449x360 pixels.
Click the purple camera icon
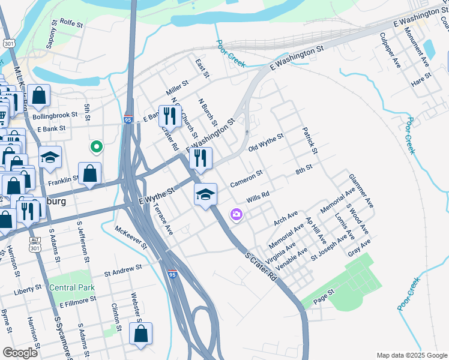236,214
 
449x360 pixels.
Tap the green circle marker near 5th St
95,146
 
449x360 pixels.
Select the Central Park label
72,287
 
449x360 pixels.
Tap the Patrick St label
309,140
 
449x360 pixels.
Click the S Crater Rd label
262,266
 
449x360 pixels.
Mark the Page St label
323,295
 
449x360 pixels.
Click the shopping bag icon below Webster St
140,334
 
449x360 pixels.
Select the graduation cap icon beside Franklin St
50,157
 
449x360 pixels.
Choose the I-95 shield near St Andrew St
172,275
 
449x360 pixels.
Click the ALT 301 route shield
34,243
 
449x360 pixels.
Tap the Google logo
20,353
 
